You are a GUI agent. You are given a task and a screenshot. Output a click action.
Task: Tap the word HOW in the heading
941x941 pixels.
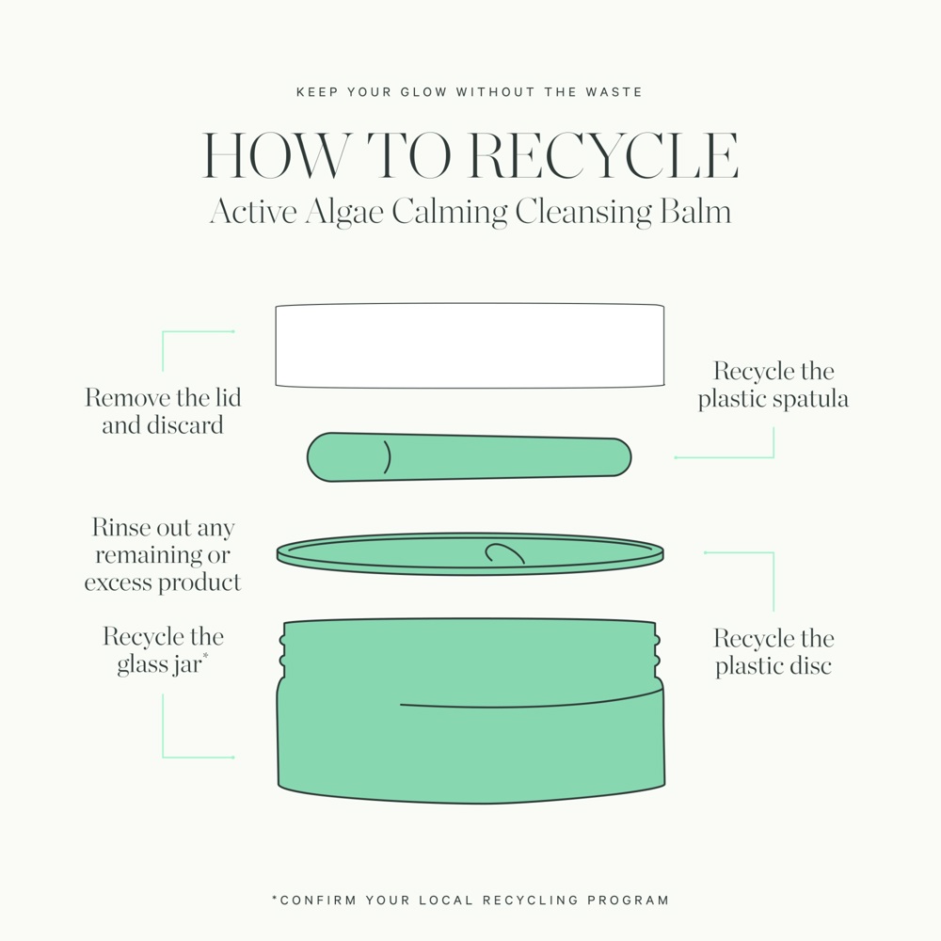(274, 157)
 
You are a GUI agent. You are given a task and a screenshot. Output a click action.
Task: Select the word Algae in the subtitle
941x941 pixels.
(343, 211)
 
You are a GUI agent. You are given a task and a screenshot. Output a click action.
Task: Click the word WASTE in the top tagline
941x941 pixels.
(613, 92)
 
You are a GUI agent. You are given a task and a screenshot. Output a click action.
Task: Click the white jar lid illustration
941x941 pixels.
(470, 345)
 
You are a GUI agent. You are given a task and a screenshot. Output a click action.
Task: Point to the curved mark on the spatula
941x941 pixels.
(387, 457)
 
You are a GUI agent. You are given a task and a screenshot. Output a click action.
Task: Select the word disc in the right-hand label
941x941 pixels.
(811, 666)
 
